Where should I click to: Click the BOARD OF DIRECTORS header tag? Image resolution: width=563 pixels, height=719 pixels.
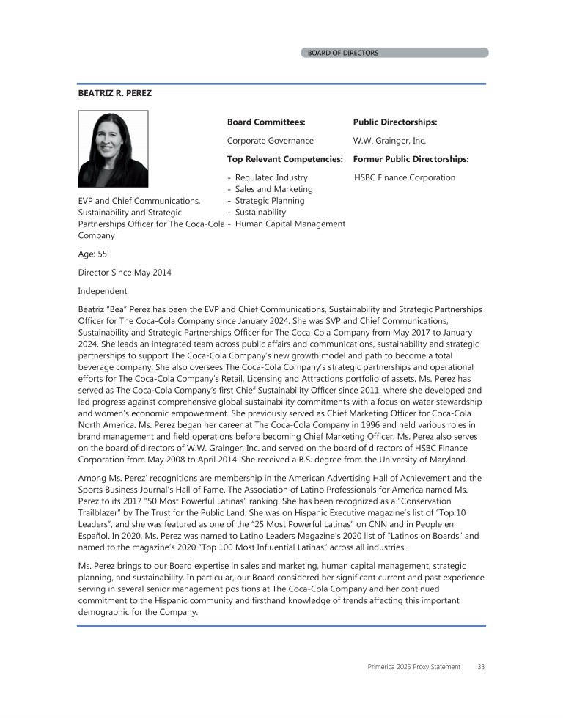(x=343, y=53)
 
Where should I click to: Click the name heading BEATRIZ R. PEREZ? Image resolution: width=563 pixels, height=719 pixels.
(x=115, y=94)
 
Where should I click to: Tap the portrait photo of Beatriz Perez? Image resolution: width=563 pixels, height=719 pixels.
(x=113, y=149)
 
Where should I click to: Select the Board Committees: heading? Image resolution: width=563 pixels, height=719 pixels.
(x=266, y=122)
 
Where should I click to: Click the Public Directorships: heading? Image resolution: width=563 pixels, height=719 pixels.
(x=395, y=122)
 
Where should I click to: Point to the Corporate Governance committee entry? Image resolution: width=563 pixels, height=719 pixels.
(x=271, y=141)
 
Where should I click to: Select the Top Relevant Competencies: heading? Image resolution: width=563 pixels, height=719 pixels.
(x=285, y=159)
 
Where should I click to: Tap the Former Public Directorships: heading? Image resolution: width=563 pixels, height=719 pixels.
(x=411, y=159)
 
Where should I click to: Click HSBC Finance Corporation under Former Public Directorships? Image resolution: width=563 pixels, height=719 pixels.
(x=405, y=177)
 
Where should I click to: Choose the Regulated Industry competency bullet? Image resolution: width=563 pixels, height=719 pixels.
(x=271, y=177)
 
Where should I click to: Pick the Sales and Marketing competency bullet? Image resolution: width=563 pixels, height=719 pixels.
(x=273, y=189)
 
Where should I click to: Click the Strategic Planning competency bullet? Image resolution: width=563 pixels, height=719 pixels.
(x=270, y=201)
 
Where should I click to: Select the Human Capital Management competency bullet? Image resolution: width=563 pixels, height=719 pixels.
(x=290, y=224)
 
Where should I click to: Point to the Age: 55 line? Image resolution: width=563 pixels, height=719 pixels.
(x=92, y=254)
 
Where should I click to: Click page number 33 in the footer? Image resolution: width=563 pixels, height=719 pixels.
(x=481, y=666)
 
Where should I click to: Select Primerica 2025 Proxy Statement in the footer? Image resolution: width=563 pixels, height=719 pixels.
(x=414, y=666)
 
